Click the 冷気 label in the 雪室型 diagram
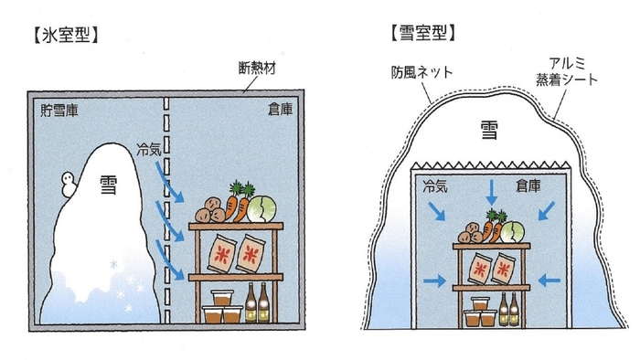[x=438, y=187]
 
